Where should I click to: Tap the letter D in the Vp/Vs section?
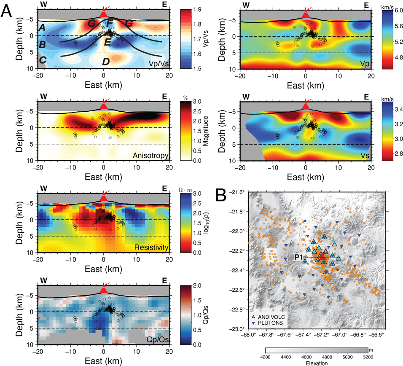[106, 62]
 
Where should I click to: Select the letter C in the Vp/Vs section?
[43, 60]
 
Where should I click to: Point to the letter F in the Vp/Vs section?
[109, 22]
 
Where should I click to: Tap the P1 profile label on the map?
[300, 257]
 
